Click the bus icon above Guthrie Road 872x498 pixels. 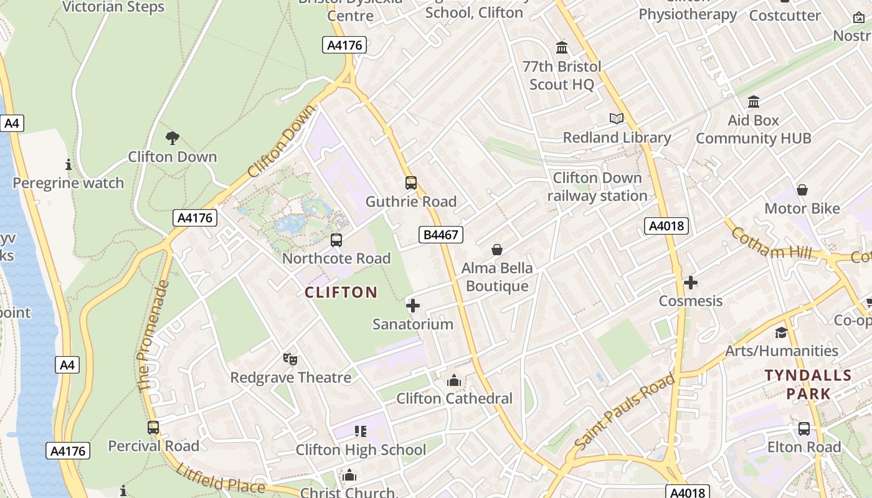[x=410, y=183]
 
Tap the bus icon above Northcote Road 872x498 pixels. [x=336, y=240]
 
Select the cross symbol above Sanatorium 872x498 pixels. [x=412, y=306]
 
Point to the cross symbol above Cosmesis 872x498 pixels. [x=690, y=283]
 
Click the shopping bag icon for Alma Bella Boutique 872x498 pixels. [x=497, y=250]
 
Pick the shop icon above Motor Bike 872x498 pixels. [x=802, y=190]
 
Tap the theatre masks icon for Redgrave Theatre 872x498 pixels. [x=290, y=359]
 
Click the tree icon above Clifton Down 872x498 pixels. [x=173, y=138]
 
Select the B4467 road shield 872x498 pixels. [x=440, y=235]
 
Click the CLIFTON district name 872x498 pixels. [x=341, y=292]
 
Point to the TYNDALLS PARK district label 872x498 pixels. [x=808, y=384]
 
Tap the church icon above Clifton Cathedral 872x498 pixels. [x=454, y=380]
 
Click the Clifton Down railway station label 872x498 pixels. [x=597, y=187]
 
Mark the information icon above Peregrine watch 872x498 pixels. [x=69, y=165]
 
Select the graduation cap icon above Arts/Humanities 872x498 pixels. [x=781, y=332]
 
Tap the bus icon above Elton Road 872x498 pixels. [x=804, y=429]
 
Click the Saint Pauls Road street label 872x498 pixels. [x=624, y=411]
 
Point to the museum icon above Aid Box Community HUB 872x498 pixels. [x=754, y=101]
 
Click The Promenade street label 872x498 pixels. [x=153, y=336]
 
